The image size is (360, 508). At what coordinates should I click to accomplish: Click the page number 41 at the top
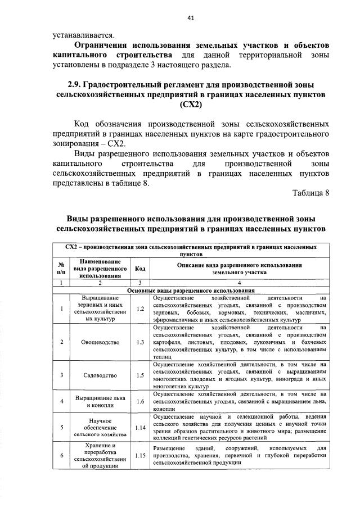point(191,18)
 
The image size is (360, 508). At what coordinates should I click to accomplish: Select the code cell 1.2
point(141,309)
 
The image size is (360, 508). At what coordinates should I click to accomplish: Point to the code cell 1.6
point(141,401)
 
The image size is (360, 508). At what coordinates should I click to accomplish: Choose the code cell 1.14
point(141,428)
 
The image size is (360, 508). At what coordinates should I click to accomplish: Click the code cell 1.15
point(141,456)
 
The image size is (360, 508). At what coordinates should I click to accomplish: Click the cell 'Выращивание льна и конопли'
point(100,401)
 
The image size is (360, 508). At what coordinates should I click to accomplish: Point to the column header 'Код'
point(141,269)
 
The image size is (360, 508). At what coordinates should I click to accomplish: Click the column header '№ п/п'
point(60,269)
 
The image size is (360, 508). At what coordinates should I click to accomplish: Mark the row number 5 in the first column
point(60,428)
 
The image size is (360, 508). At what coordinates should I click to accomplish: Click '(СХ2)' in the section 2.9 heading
point(191,105)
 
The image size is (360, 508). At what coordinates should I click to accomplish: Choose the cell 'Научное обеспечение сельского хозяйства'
point(100,428)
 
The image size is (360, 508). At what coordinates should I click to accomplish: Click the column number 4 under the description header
point(240,283)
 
